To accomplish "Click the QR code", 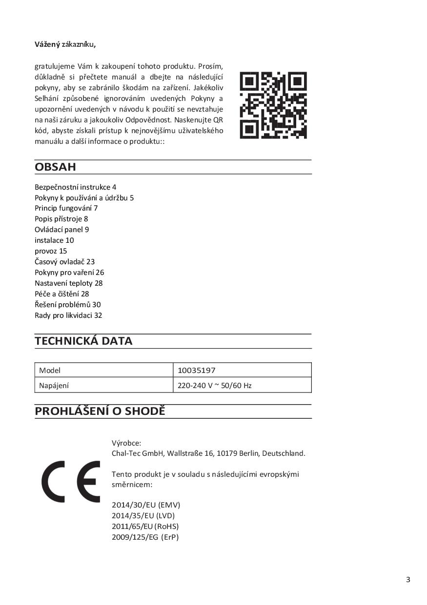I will click(x=273, y=105).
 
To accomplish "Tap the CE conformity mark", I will click(x=71, y=482).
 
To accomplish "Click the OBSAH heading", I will click(x=56, y=167).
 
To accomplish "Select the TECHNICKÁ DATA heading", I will click(x=83, y=341).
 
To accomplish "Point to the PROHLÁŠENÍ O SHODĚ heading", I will click(x=100, y=411).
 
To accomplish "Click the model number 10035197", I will click(x=196, y=370).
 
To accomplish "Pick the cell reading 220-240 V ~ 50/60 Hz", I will click(x=214, y=385).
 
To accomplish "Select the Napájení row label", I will click(x=54, y=385).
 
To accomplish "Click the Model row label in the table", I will click(x=50, y=370).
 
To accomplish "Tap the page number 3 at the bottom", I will click(x=408, y=580).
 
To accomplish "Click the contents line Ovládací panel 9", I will click(x=61, y=229).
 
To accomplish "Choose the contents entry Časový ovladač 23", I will click(x=64, y=261).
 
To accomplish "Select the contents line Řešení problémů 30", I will click(x=68, y=304).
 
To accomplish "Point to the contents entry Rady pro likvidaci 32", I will click(x=68, y=315).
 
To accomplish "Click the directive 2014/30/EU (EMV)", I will click(x=146, y=505).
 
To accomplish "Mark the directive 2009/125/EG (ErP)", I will click(x=145, y=537).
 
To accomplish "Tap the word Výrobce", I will click(x=126, y=443).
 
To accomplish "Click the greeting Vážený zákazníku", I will click(x=65, y=44).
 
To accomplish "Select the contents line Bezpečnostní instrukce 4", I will click(x=75, y=187).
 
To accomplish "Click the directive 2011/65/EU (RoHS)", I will click(x=145, y=527).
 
